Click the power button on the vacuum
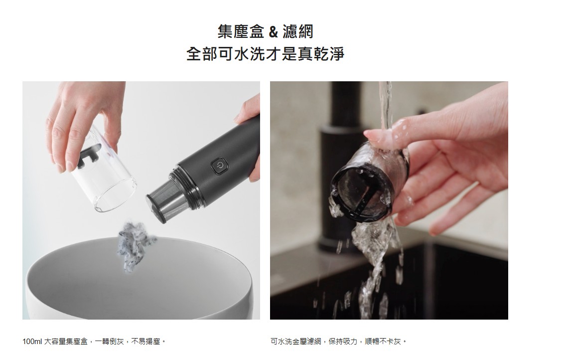click(219, 166)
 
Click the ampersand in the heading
click(274, 32)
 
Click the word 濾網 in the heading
click(298, 31)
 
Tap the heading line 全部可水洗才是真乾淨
click(265, 54)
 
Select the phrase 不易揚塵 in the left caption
click(145, 342)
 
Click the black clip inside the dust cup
click(89, 156)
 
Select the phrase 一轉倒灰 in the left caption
click(110, 342)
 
